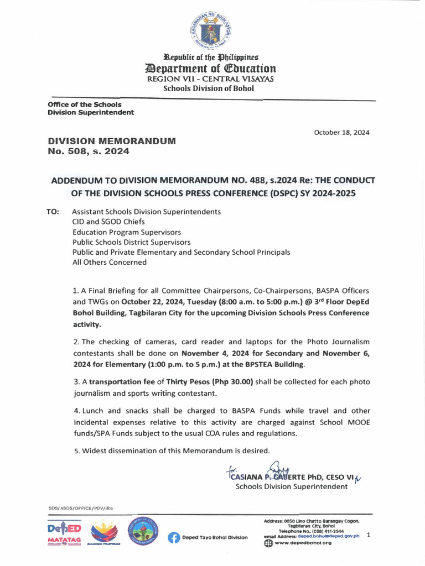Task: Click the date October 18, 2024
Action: [341, 133]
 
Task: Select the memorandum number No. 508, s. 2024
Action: [89, 151]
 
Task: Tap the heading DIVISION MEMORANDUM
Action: [112, 141]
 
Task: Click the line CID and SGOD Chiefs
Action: [108, 222]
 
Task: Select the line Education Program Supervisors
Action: [127, 232]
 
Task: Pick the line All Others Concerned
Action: [110, 263]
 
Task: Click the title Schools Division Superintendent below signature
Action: [292, 486]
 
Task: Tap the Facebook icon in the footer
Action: [174, 537]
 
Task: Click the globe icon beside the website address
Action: [268, 543]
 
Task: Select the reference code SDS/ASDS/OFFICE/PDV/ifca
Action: [80, 507]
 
